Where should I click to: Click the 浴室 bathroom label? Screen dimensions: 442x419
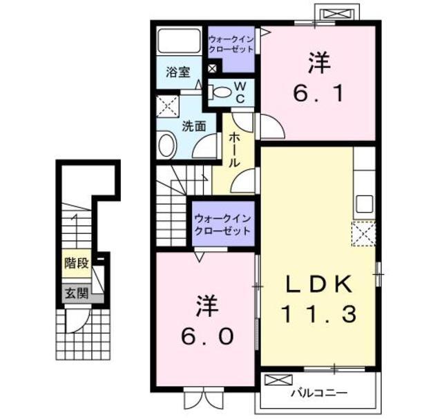click(178, 72)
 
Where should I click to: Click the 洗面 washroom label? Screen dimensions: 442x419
click(194, 126)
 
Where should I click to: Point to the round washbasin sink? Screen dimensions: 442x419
click(167, 145)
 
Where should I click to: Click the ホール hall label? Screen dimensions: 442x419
click(234, 150)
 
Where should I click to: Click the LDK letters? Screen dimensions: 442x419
click(319, 284)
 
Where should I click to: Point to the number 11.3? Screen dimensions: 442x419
click(319, 314)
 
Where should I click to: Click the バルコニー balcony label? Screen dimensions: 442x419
click(319, 393)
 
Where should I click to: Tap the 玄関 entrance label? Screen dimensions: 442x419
click(77, 293)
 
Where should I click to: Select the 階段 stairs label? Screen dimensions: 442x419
click(77, 263)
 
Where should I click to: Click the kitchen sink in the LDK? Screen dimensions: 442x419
click(365, 204)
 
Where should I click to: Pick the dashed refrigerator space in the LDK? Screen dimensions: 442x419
click(364, 234)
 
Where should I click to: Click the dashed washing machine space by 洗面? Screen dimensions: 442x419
click(168, 106)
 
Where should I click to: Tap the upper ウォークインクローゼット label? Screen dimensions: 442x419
click(231, 43)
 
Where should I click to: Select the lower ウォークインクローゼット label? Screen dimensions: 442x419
click(223, 225)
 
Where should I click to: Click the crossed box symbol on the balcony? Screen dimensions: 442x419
click(278, 380)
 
